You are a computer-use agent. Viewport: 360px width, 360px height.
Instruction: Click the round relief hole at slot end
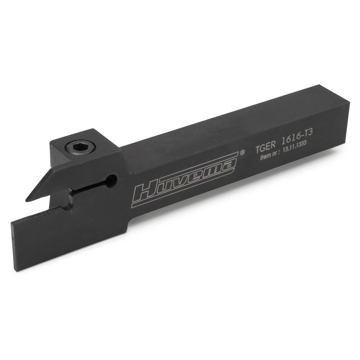point(112,179)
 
